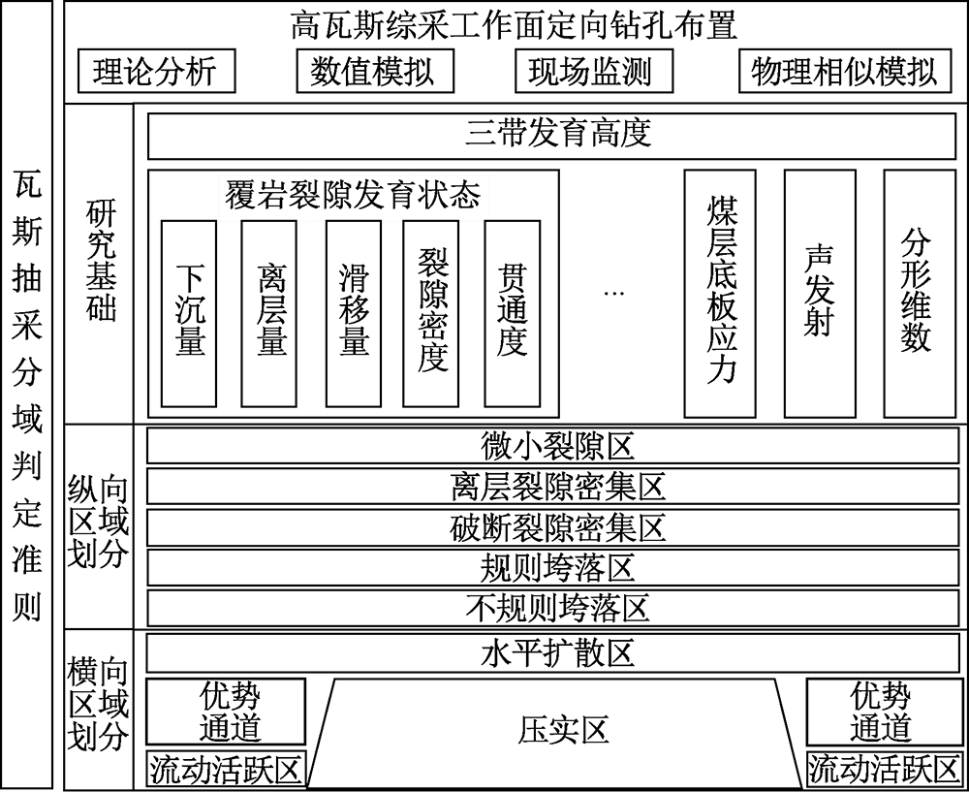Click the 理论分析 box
(156, 71)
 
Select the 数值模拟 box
(375, 71)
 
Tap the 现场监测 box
(594, 71)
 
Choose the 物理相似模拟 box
(845, 71)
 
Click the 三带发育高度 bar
(551, 136)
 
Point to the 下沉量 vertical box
(189, 313)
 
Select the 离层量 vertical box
(268, 313)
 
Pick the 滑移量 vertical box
(354, 313)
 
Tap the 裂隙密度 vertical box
(431, 313)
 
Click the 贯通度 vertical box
(513, 313)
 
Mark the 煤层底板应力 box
(720, 294)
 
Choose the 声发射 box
(820, 294)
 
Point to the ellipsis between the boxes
(613, 293)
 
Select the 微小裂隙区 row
(552, 445)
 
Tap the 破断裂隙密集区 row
(552, 527)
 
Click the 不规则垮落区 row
(552, 609)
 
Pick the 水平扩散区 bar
(552, 653)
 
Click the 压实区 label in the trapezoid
(563, 730)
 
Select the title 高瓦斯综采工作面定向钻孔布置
(514, 26)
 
